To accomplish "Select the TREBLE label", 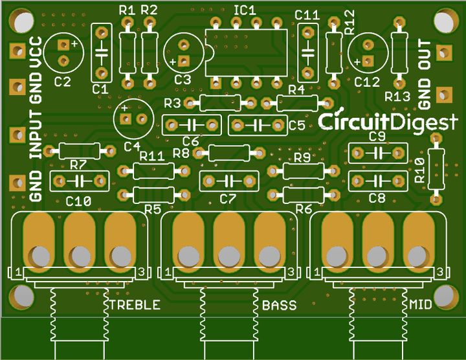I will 134,305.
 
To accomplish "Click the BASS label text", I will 280,305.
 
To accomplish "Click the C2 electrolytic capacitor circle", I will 64,52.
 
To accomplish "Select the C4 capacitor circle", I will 132,118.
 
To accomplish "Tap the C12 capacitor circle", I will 368,52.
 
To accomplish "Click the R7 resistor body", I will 78,151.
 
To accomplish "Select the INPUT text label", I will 36,133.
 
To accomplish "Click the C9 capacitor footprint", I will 378,153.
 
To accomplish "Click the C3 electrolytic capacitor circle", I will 184,52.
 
